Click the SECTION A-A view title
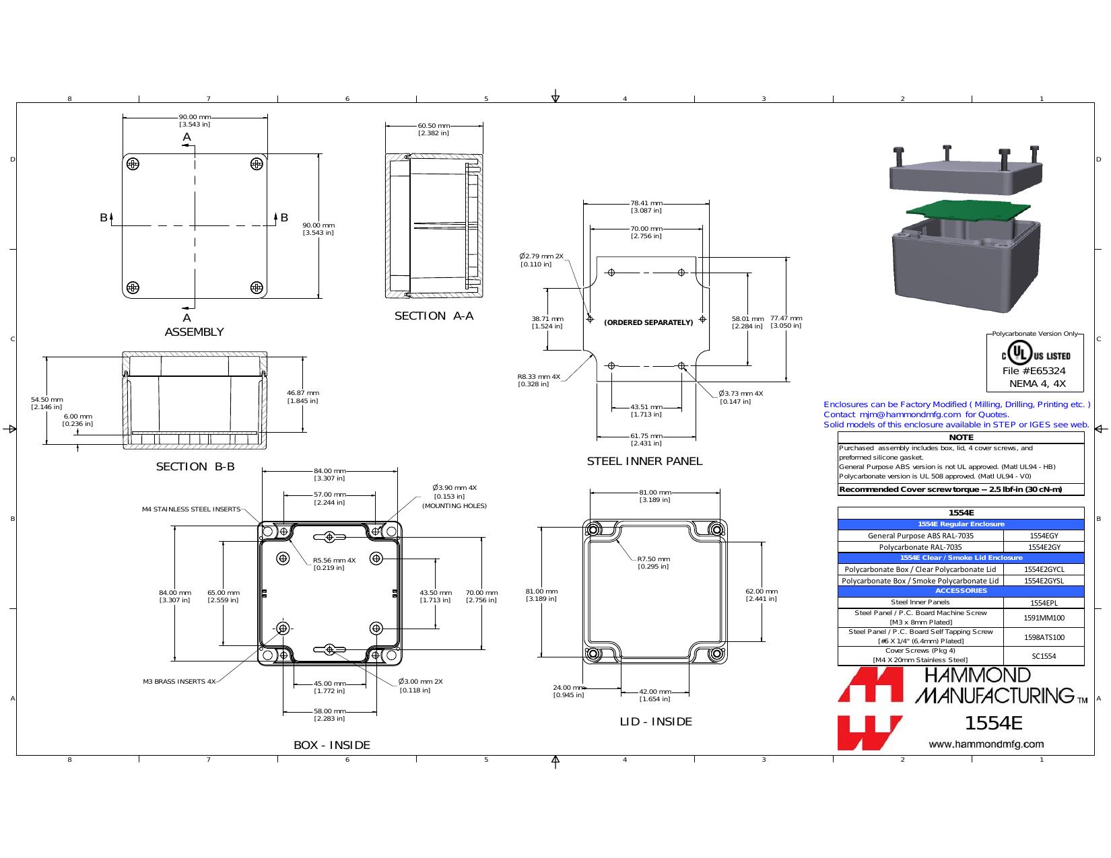pos(434,316)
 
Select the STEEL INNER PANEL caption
pos(644,461)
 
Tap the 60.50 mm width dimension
pos(434,129)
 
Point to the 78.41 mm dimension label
pos(646,207)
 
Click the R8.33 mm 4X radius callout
pos(539,380)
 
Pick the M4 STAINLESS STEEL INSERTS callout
pos(191,509)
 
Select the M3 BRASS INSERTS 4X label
pos(180,681)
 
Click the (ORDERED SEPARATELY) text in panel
pos(648,322)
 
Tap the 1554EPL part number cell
pos(1044,602)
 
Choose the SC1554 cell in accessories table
pos(1044,656)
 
